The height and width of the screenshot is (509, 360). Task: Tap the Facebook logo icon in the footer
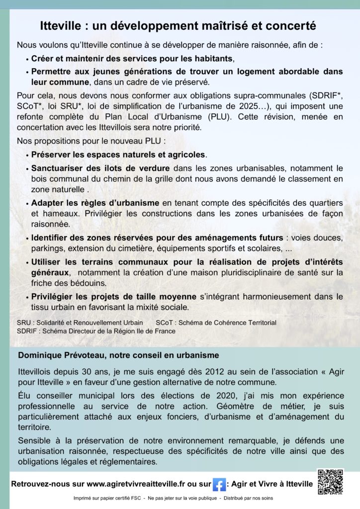(x=219, y=484)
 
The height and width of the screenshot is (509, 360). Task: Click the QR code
(x=330, y=481)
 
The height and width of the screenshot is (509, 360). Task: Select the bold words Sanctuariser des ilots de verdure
(x=100, y=168)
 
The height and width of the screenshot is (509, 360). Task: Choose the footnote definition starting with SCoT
(x=216, y=323)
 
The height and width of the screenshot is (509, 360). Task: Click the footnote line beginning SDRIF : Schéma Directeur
(x=96, y=331)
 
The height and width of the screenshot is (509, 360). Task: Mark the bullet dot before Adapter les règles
(x=26, y=203)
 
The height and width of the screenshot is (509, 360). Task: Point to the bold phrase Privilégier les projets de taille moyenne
(x=114, y=297)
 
